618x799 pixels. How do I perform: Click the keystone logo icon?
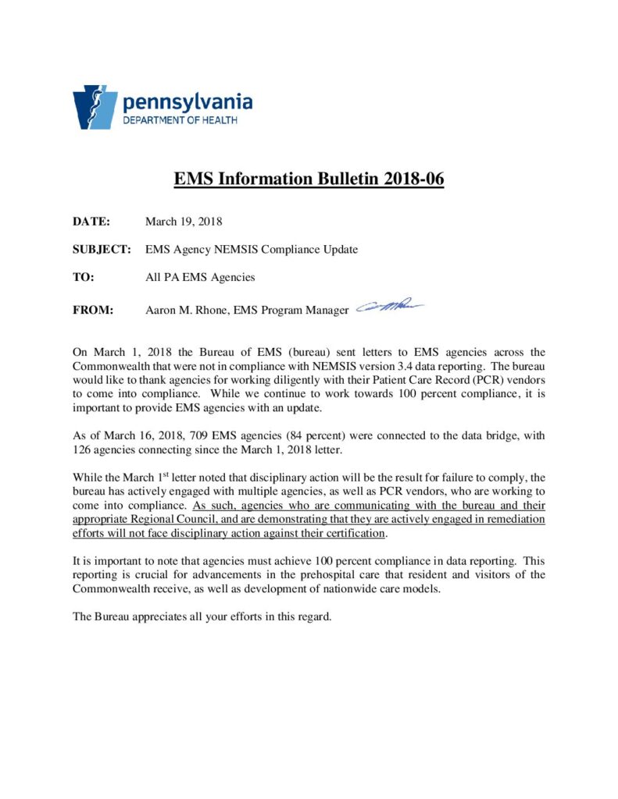pos(95,107)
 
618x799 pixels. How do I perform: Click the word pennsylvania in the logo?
pos(187,101)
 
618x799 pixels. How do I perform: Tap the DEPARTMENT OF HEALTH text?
pos(179,120)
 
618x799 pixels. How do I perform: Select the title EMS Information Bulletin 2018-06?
pos(309,179)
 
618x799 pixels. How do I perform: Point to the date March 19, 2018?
pos(184,222)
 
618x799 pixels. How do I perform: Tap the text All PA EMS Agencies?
pos(200,277)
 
